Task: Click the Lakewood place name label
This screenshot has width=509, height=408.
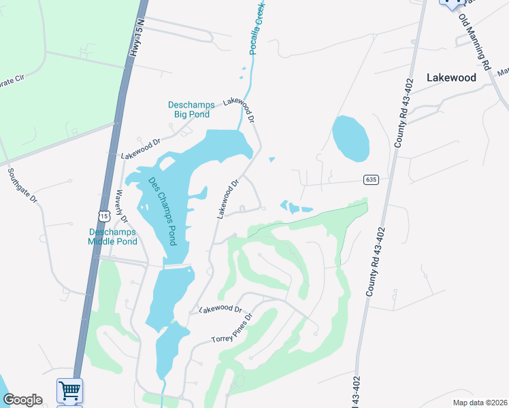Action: pyautogui.click(x=451, y=78)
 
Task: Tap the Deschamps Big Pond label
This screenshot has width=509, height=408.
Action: pyautogui.click(x=191, y=109)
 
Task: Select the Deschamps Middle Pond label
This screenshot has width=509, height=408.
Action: pyautogui.click(x=113, y=237)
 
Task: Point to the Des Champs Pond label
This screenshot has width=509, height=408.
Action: pyautogui.click(x=162, y=211)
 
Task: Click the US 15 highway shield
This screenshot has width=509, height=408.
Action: pyautogui.click(x=103, y=216)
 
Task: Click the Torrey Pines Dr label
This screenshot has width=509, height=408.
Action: pyautogui.click(x=232, y=329)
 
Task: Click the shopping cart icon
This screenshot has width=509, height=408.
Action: pyautogui.click(x=69, y=390)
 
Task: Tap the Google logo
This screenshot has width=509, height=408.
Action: pyautogui.click(x=22, y=400)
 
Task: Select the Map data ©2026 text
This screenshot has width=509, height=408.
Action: pyautogui.click(x=479, y=403)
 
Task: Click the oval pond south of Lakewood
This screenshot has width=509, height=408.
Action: pyautogui.click(x=350, y=138)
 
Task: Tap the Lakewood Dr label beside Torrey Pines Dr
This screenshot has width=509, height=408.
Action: pyautogui.click(x=220, y=309)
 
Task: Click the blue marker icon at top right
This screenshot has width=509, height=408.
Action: pyautogui.click(x=450, y=3)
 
